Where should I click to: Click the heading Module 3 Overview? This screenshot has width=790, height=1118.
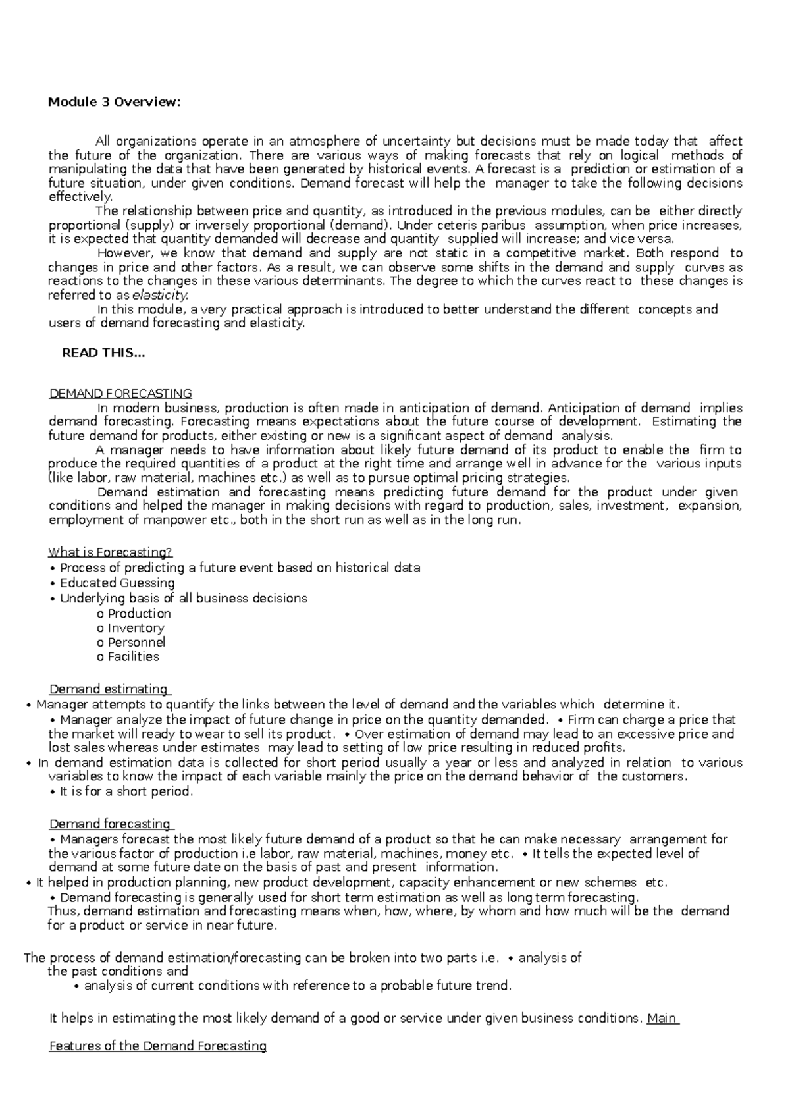[114, 102]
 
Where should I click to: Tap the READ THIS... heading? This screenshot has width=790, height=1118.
[103, 353]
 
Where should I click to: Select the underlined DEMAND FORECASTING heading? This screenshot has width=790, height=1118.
[120, 394]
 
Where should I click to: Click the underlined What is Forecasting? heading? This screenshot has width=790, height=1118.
[111, 552]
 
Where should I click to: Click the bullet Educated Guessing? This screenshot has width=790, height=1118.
[117, 583]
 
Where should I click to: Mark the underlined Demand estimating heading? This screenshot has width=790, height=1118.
[109, 689]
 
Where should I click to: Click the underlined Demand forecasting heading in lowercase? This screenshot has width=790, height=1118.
[111, 824]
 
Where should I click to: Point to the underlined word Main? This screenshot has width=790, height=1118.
[662, 1019]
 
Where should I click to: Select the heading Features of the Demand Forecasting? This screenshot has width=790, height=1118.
[158, 1046]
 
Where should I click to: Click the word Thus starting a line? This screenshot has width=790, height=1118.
[63, 911]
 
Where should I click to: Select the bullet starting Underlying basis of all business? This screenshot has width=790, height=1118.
[183, 598]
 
